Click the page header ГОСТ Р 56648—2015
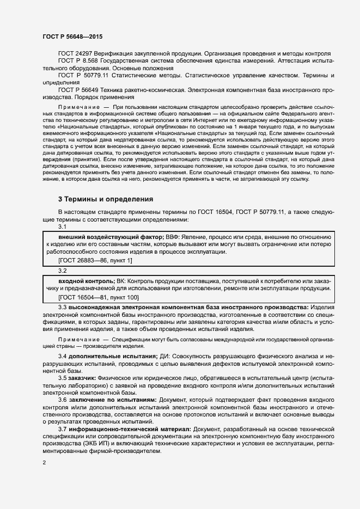(x=72, y=36)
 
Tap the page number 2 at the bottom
(x=44, y=463)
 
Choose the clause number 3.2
(x=63, y=271)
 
